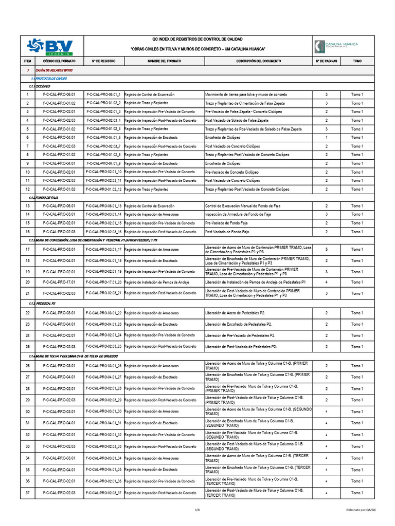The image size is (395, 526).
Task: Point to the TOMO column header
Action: pyautogui.click(x=357, y=61)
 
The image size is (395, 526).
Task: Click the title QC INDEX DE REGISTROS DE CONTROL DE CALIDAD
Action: pyautogui.click(x=197, y=40)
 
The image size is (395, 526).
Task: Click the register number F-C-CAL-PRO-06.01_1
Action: pyautogui.click(x=104, y=95)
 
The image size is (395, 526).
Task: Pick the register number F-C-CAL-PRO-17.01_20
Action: pyautogui.click(x=104, y=282)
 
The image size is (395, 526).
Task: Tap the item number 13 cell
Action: pyautogui.click(x=27, y=205)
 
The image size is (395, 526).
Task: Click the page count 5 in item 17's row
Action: pyautogui.click(x=326, y=250)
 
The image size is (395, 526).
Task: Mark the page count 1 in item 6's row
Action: pyautogui.click(x=326, y=138)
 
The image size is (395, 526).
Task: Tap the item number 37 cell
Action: pyautogui.click(x=27, y=493)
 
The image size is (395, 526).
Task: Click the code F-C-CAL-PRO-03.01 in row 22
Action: pyautogui.click(x=59, y=313)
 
